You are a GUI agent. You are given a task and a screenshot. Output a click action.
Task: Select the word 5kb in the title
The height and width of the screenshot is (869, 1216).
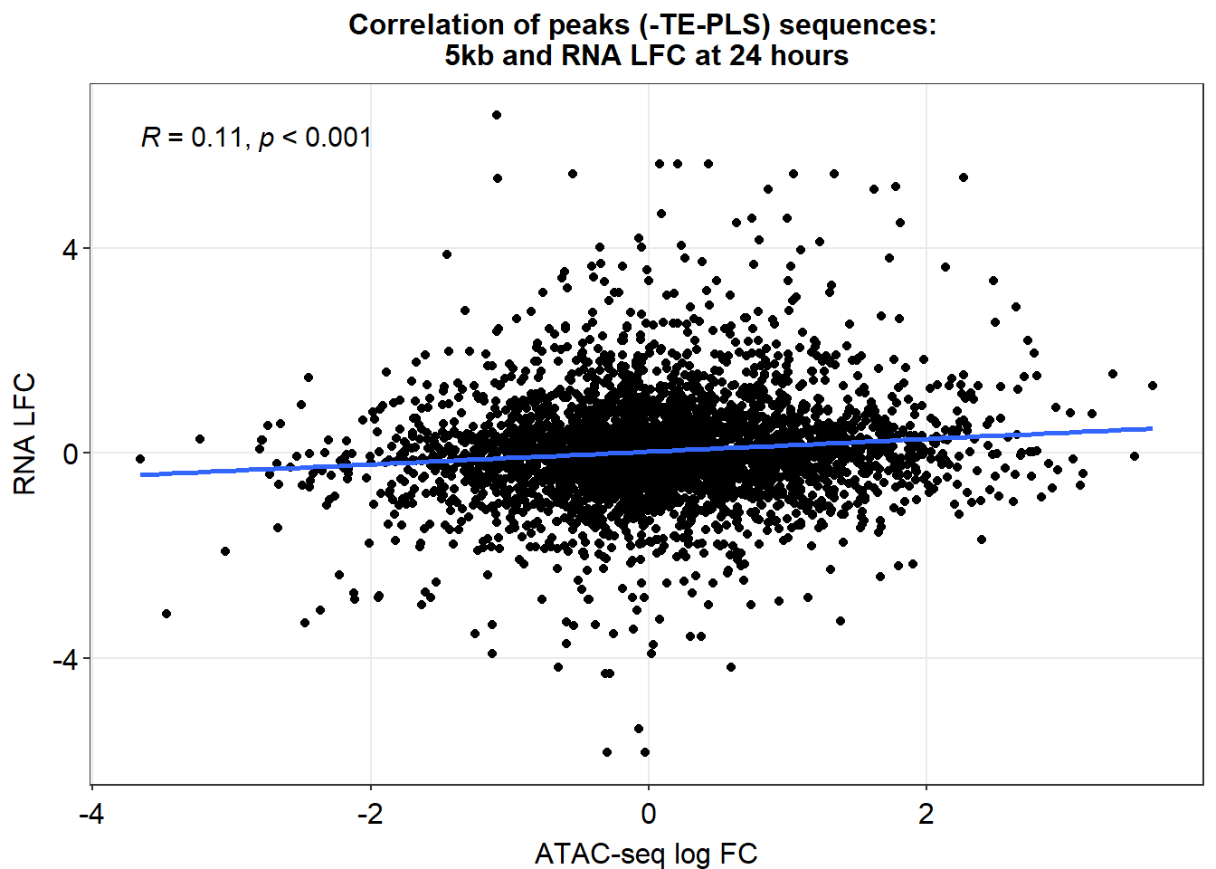[469, 55]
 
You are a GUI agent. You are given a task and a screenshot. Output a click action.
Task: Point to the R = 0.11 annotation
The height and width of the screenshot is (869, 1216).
[192, 137]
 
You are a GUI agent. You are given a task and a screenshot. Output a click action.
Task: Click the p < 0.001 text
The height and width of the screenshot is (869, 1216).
[315, 138]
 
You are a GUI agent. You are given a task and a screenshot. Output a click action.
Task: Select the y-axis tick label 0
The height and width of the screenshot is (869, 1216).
[71, 454]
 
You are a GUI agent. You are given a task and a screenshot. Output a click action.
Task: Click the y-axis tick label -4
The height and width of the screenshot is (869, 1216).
[66, 659]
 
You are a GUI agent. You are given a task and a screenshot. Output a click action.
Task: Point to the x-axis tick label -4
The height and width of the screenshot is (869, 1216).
[91, 815]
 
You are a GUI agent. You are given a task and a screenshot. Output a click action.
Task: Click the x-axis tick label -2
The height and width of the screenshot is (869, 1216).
[371, 815]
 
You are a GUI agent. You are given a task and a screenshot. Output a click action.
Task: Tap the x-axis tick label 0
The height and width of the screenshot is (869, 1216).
[649, 815]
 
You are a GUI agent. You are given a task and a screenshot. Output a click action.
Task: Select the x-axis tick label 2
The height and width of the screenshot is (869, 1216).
[926, 815]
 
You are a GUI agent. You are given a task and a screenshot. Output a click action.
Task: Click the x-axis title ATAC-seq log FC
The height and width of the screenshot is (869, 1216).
[646, 854]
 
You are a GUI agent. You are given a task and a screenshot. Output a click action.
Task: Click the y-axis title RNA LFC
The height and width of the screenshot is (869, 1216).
[24, 434]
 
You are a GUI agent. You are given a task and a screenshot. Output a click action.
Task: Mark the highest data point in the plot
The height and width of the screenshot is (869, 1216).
[496, 115]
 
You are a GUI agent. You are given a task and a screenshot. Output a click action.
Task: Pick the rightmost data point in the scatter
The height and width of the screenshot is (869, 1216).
[1153, 386]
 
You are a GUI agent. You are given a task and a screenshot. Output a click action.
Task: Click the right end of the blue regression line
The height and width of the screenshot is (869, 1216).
[1152, 428]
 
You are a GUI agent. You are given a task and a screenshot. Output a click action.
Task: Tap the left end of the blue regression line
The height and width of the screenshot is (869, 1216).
[140, 475]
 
